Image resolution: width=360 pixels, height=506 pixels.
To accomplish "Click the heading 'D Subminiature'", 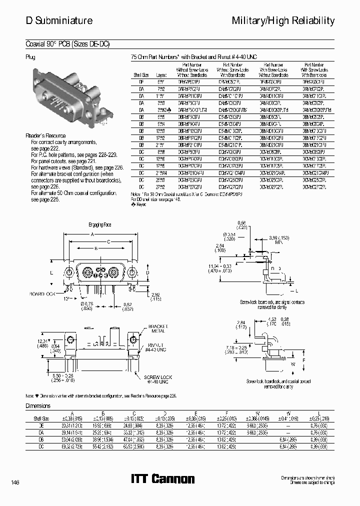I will (59, 20).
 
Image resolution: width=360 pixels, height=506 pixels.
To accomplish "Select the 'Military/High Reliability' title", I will (283, 20).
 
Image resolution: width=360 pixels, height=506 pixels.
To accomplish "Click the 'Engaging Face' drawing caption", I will (100, 225).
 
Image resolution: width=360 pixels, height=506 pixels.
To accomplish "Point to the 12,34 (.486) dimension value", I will (43, 343).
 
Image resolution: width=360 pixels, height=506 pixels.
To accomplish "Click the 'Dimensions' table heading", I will (38, 406).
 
